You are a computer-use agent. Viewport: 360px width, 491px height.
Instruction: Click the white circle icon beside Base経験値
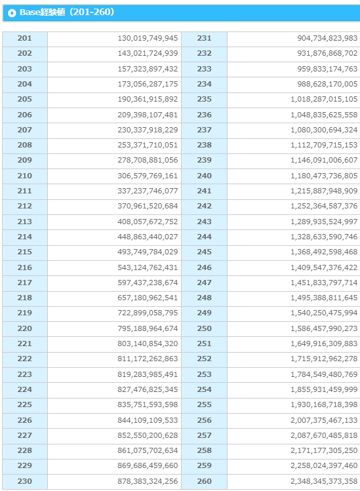[12, 13]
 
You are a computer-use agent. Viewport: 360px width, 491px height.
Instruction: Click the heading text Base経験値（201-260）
[67, 12]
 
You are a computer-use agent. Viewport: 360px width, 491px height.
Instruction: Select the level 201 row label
[24, 38]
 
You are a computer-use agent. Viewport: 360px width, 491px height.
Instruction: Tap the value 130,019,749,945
[148, 38]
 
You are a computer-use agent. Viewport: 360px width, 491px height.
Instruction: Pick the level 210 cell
[24, 176]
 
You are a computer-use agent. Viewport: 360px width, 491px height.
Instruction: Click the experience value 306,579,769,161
[148, 176]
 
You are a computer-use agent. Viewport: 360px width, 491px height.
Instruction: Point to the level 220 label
[24, 328]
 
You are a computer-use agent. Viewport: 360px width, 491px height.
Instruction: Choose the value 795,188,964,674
[148, 328]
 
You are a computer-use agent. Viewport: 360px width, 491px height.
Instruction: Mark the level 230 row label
[24, 481]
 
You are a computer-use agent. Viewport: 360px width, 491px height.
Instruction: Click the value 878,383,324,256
[148, 481]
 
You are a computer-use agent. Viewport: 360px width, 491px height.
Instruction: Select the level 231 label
[205, 38]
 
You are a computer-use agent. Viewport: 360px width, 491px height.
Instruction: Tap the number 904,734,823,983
[327, 38]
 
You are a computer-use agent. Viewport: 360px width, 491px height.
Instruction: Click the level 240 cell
[205, 176]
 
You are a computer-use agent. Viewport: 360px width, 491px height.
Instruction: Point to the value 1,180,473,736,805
[324, 176]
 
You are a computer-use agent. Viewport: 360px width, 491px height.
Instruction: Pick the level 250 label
[205, 328]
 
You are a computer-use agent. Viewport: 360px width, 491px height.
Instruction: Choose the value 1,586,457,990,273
[324, 328]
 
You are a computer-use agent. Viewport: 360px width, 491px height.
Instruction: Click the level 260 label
[205, 481]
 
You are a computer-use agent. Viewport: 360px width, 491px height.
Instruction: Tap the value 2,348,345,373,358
[324, 481]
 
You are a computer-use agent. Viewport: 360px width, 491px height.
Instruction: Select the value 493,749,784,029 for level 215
[148, 252]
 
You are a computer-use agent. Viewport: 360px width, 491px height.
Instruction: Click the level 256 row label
[205, 420]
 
